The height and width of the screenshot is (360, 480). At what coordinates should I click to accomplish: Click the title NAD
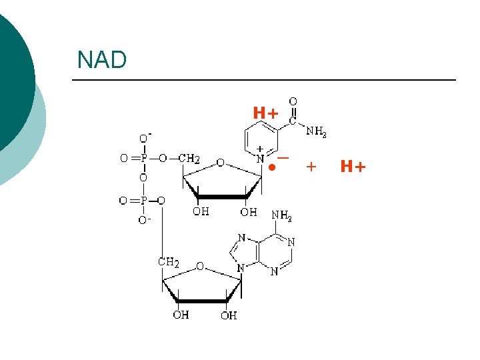[101, 60]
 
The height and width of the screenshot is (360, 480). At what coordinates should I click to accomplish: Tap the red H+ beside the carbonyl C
[265, 113]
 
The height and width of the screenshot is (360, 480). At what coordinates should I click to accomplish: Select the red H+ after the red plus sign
[353, 167]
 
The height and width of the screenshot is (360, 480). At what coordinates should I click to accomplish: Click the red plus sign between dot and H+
[311, 167]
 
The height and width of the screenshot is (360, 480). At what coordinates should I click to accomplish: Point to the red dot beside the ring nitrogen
[272, 167]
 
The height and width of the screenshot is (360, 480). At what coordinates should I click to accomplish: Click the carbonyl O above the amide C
[293, 101]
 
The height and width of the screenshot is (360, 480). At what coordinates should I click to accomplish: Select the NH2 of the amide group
[316, 132]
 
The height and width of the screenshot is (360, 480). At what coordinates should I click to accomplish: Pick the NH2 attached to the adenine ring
[281, 216]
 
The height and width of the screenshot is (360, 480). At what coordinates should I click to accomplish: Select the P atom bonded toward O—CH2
[143, 159]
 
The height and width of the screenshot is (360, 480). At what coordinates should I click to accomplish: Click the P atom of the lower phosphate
[143, 200]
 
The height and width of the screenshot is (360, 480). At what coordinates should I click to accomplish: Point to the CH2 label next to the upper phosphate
[189, 159]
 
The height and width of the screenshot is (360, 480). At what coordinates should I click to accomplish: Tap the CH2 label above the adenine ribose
[168, 262]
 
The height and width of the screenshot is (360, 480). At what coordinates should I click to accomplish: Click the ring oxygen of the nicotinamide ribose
[220, 163]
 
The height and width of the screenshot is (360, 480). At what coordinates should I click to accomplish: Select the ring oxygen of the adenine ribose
[199, 267]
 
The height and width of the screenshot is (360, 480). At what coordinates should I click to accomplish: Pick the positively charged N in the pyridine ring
[261, 159]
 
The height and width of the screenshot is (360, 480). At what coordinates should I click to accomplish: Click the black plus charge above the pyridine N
[260, 149]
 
